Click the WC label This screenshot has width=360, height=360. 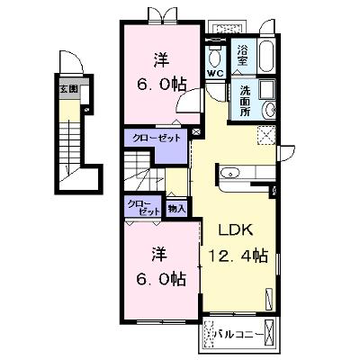[x=215, y=74]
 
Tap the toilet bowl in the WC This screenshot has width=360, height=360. [x=215, y=58]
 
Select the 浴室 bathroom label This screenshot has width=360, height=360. [x=242, y=55]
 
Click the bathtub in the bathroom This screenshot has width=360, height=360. [x=266, y=56]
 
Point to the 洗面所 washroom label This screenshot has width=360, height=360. [x=245, y=101]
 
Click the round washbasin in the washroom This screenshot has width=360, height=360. [x=269, y=110]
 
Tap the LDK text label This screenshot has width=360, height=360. [x=236, y=229]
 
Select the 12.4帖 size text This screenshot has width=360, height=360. [x=238, y=256]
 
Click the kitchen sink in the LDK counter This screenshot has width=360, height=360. [x=229, y=174]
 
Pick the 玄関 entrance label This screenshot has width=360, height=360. [x=68, y=89]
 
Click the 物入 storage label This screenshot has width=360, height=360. [x=176, y=209]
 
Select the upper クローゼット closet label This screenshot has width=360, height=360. [x=157, y=139]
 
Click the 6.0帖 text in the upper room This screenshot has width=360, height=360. [x=162, y=85]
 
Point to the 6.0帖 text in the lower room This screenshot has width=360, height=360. [x=160, y=279]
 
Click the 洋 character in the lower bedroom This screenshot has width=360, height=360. [x=159, y=255]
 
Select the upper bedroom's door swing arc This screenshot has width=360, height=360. [x=188, y=101]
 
